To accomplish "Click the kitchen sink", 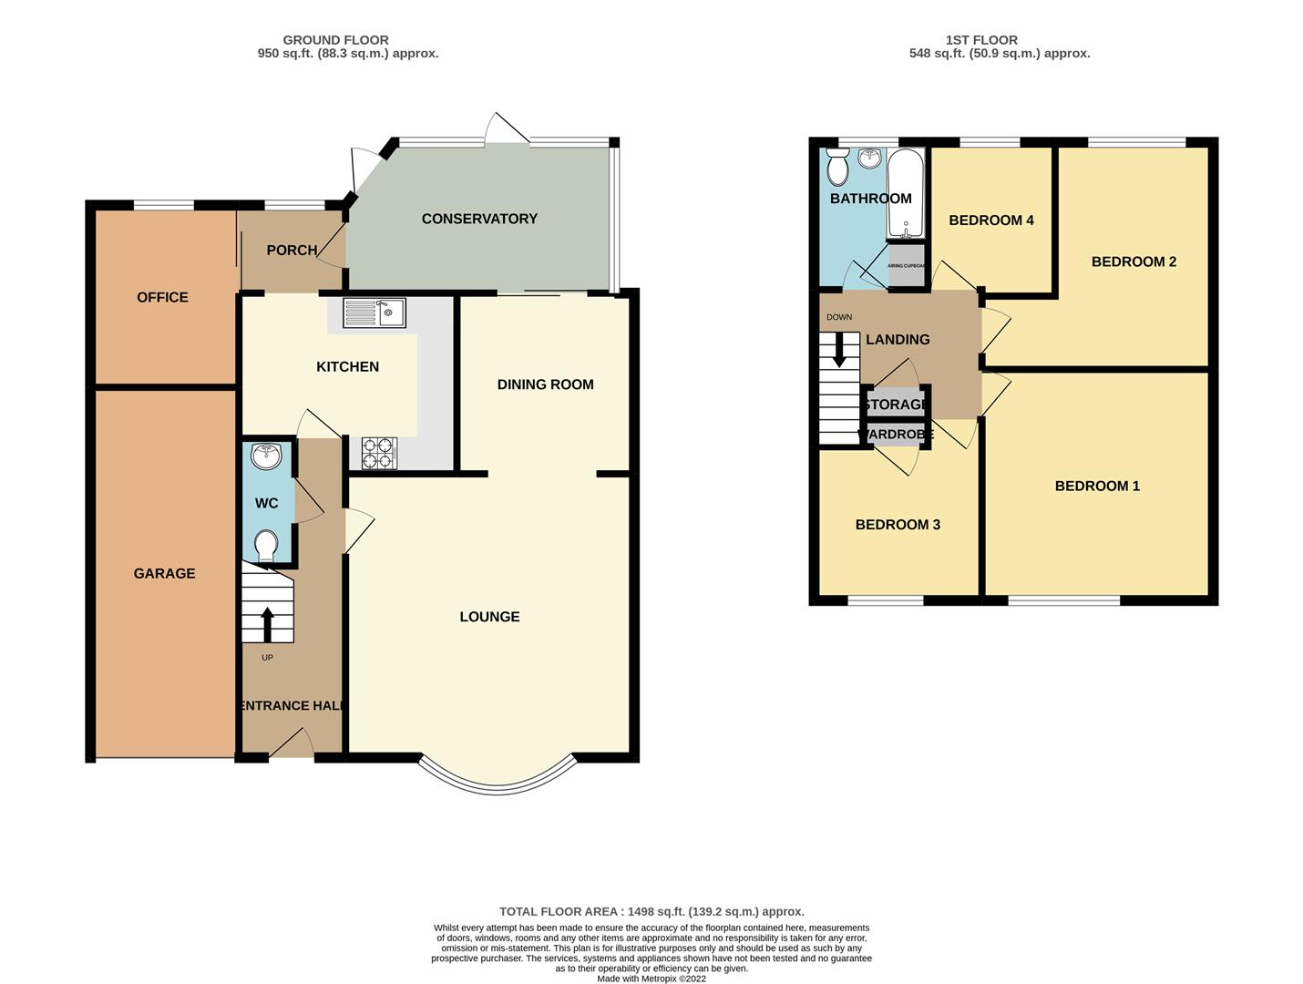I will point(374,313).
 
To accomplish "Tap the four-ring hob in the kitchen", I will point(379,453).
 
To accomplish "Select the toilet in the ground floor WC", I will point(266,546).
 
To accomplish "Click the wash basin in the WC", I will point(266,456).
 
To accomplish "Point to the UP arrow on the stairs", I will point(267,625).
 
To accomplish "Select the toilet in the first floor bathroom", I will point(837,168).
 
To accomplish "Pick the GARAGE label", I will point(164,573).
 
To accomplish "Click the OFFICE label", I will point(162,297).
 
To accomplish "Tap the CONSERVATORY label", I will point(479,219).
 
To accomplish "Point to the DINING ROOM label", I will point(545,384).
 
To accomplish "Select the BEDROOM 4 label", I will point(991,220).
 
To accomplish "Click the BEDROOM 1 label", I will point(1097,486).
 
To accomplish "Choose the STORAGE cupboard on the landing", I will point(895,404).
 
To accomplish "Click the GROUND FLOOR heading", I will point(335,40).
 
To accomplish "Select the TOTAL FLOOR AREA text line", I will point(651,911).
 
